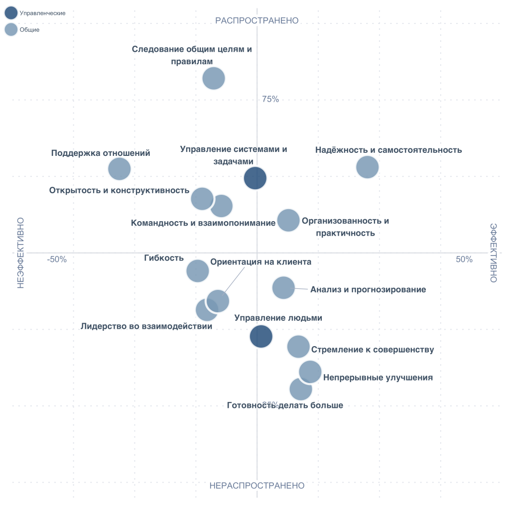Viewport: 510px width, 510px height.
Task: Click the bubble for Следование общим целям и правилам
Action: pos(214,78)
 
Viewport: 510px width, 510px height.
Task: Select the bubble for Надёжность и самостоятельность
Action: pos(368,167)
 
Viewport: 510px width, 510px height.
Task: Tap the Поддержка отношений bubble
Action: pos(119,169)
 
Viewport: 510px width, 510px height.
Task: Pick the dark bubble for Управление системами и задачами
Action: pos(255,178)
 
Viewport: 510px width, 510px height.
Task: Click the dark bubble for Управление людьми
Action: pos(261,336)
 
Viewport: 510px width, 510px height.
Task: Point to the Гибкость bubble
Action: pos(197,271)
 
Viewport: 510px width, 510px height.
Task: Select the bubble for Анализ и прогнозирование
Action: pos(283,287)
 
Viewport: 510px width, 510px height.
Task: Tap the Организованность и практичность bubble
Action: pos(288,220)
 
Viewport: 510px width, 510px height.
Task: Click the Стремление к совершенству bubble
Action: pos(298,347)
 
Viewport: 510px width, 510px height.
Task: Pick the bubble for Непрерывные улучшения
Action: pos(310,372)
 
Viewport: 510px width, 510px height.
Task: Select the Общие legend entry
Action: pos(29,30)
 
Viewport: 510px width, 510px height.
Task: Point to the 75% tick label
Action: pos(270,100)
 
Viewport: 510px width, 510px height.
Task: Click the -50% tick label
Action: pos(57,259)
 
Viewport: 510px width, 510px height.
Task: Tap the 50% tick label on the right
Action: pos(464,259)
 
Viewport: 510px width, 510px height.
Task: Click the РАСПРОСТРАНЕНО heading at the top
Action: pos(256,20)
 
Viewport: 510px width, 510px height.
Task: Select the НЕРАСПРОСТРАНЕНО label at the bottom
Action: pos(256,486)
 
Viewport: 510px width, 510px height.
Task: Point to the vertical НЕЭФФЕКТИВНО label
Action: pos(20,253)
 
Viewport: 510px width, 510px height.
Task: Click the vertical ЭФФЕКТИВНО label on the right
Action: pos(493,253)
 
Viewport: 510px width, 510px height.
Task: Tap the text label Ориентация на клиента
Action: pos(260,262)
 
